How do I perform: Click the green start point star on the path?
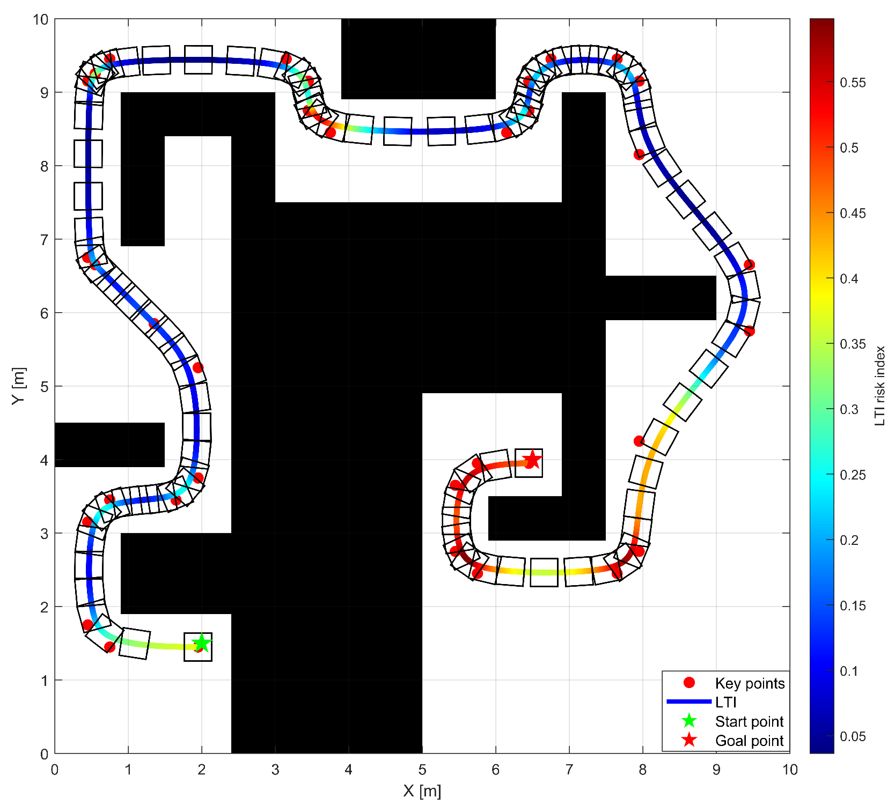202,642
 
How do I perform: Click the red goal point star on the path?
532,459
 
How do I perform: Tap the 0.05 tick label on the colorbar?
853,736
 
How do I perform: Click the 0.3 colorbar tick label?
849,410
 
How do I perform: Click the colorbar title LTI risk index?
880,386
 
